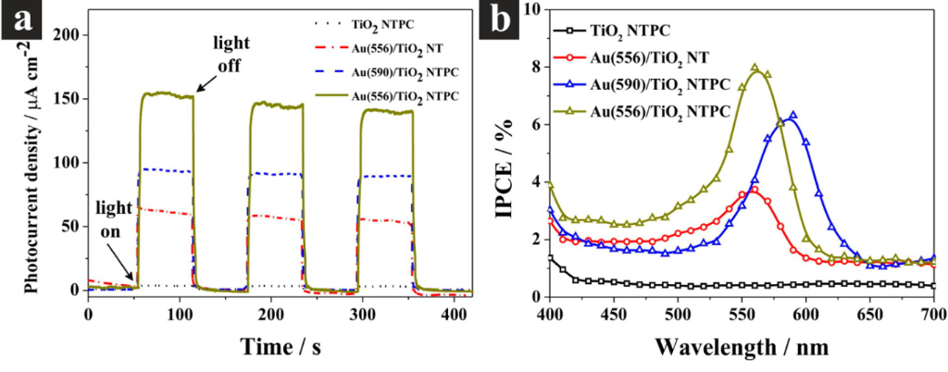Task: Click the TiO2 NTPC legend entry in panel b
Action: tap(637, 31)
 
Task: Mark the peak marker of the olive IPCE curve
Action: tap(755, 68)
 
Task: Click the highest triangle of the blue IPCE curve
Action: tap(792, 116)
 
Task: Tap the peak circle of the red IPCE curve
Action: tap(755, 190)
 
